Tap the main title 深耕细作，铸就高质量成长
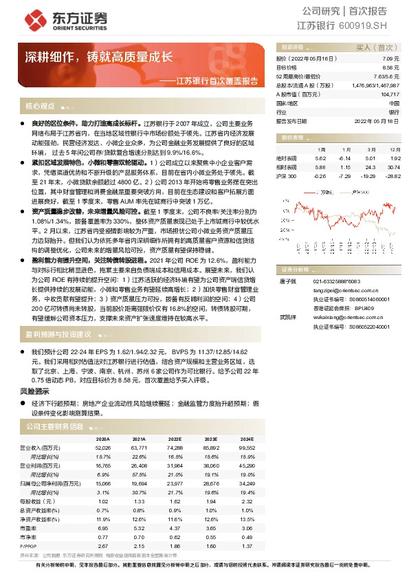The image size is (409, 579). pos(99,57)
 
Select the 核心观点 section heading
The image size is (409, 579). pos(40,107)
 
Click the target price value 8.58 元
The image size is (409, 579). pos(390,68)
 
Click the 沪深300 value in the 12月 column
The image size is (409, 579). pos(393,177)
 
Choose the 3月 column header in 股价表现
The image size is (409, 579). pos(370,149)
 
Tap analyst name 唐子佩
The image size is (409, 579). pos(287,281)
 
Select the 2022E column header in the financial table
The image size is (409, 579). pos(174,439)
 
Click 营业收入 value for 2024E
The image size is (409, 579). pos(245,448)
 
